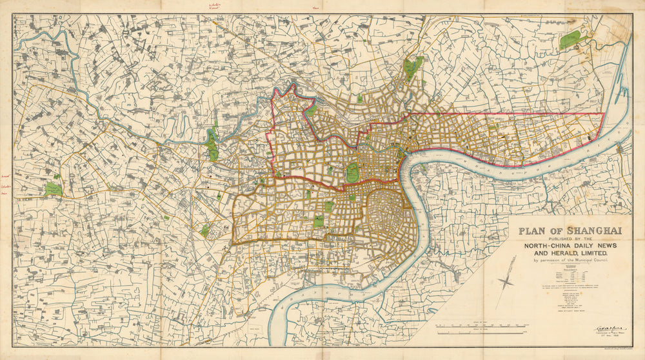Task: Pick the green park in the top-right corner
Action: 571,39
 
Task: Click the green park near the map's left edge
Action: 53,190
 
